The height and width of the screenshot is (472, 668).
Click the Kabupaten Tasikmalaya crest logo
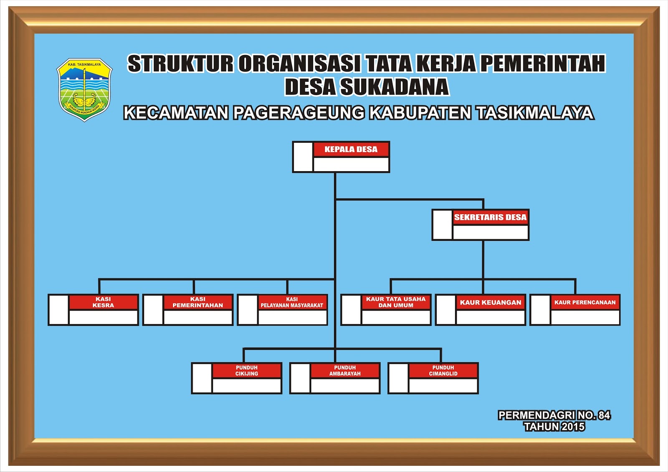(84, 89)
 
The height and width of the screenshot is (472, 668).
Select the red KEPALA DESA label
(351, 149)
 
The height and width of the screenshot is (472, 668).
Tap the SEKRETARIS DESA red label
(490, 217)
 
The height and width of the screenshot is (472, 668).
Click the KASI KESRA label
(103, 302)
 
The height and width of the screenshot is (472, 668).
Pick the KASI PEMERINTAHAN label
(197, 302)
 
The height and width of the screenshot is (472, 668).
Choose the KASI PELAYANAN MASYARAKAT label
(292, 302)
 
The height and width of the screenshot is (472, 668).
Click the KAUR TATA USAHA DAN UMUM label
(396, 302)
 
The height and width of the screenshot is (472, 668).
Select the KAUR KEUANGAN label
(491, 303)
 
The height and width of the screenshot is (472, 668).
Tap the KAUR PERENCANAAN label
(585, 303)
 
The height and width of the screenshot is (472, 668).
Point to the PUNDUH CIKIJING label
(247, 371)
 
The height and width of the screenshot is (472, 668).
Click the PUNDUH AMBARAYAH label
(345, 371)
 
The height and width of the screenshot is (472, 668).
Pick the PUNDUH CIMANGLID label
(443, 371)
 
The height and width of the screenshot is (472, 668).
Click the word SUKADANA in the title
(394, 87)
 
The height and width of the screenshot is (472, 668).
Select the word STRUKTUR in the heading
(180, 64)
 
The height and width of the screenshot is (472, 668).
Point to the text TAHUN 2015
(554, 427)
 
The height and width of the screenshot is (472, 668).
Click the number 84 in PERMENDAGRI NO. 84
(604, 415)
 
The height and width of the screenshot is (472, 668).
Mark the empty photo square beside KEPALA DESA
(303, 157)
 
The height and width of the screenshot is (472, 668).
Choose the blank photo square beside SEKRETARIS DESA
(443, 225)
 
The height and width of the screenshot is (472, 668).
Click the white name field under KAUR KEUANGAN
(491, 317)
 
